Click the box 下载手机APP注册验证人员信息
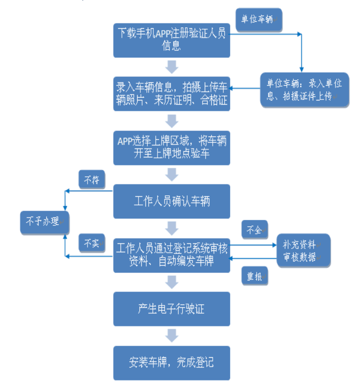(171, 41)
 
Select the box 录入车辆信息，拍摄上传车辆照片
(171, 94)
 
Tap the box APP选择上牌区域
(171, 148)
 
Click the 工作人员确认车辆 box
(171, 201)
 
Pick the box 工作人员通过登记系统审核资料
(171, 255)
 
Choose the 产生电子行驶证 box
(171, 309)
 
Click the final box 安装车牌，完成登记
(171, 363)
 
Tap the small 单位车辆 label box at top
(259, 19)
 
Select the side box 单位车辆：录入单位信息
(305, 90)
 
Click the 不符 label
(92, 180)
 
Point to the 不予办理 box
(44, 222)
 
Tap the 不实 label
(92, 243)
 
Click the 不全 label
(254, 230)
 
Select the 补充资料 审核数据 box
(303, 250)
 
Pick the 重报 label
(254, 276)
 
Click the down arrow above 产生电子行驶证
(171, 282)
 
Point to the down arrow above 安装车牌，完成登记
(171, 335)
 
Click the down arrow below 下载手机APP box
(171, 67)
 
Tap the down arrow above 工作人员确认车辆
(171, 174)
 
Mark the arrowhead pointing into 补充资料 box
(275, 245)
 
